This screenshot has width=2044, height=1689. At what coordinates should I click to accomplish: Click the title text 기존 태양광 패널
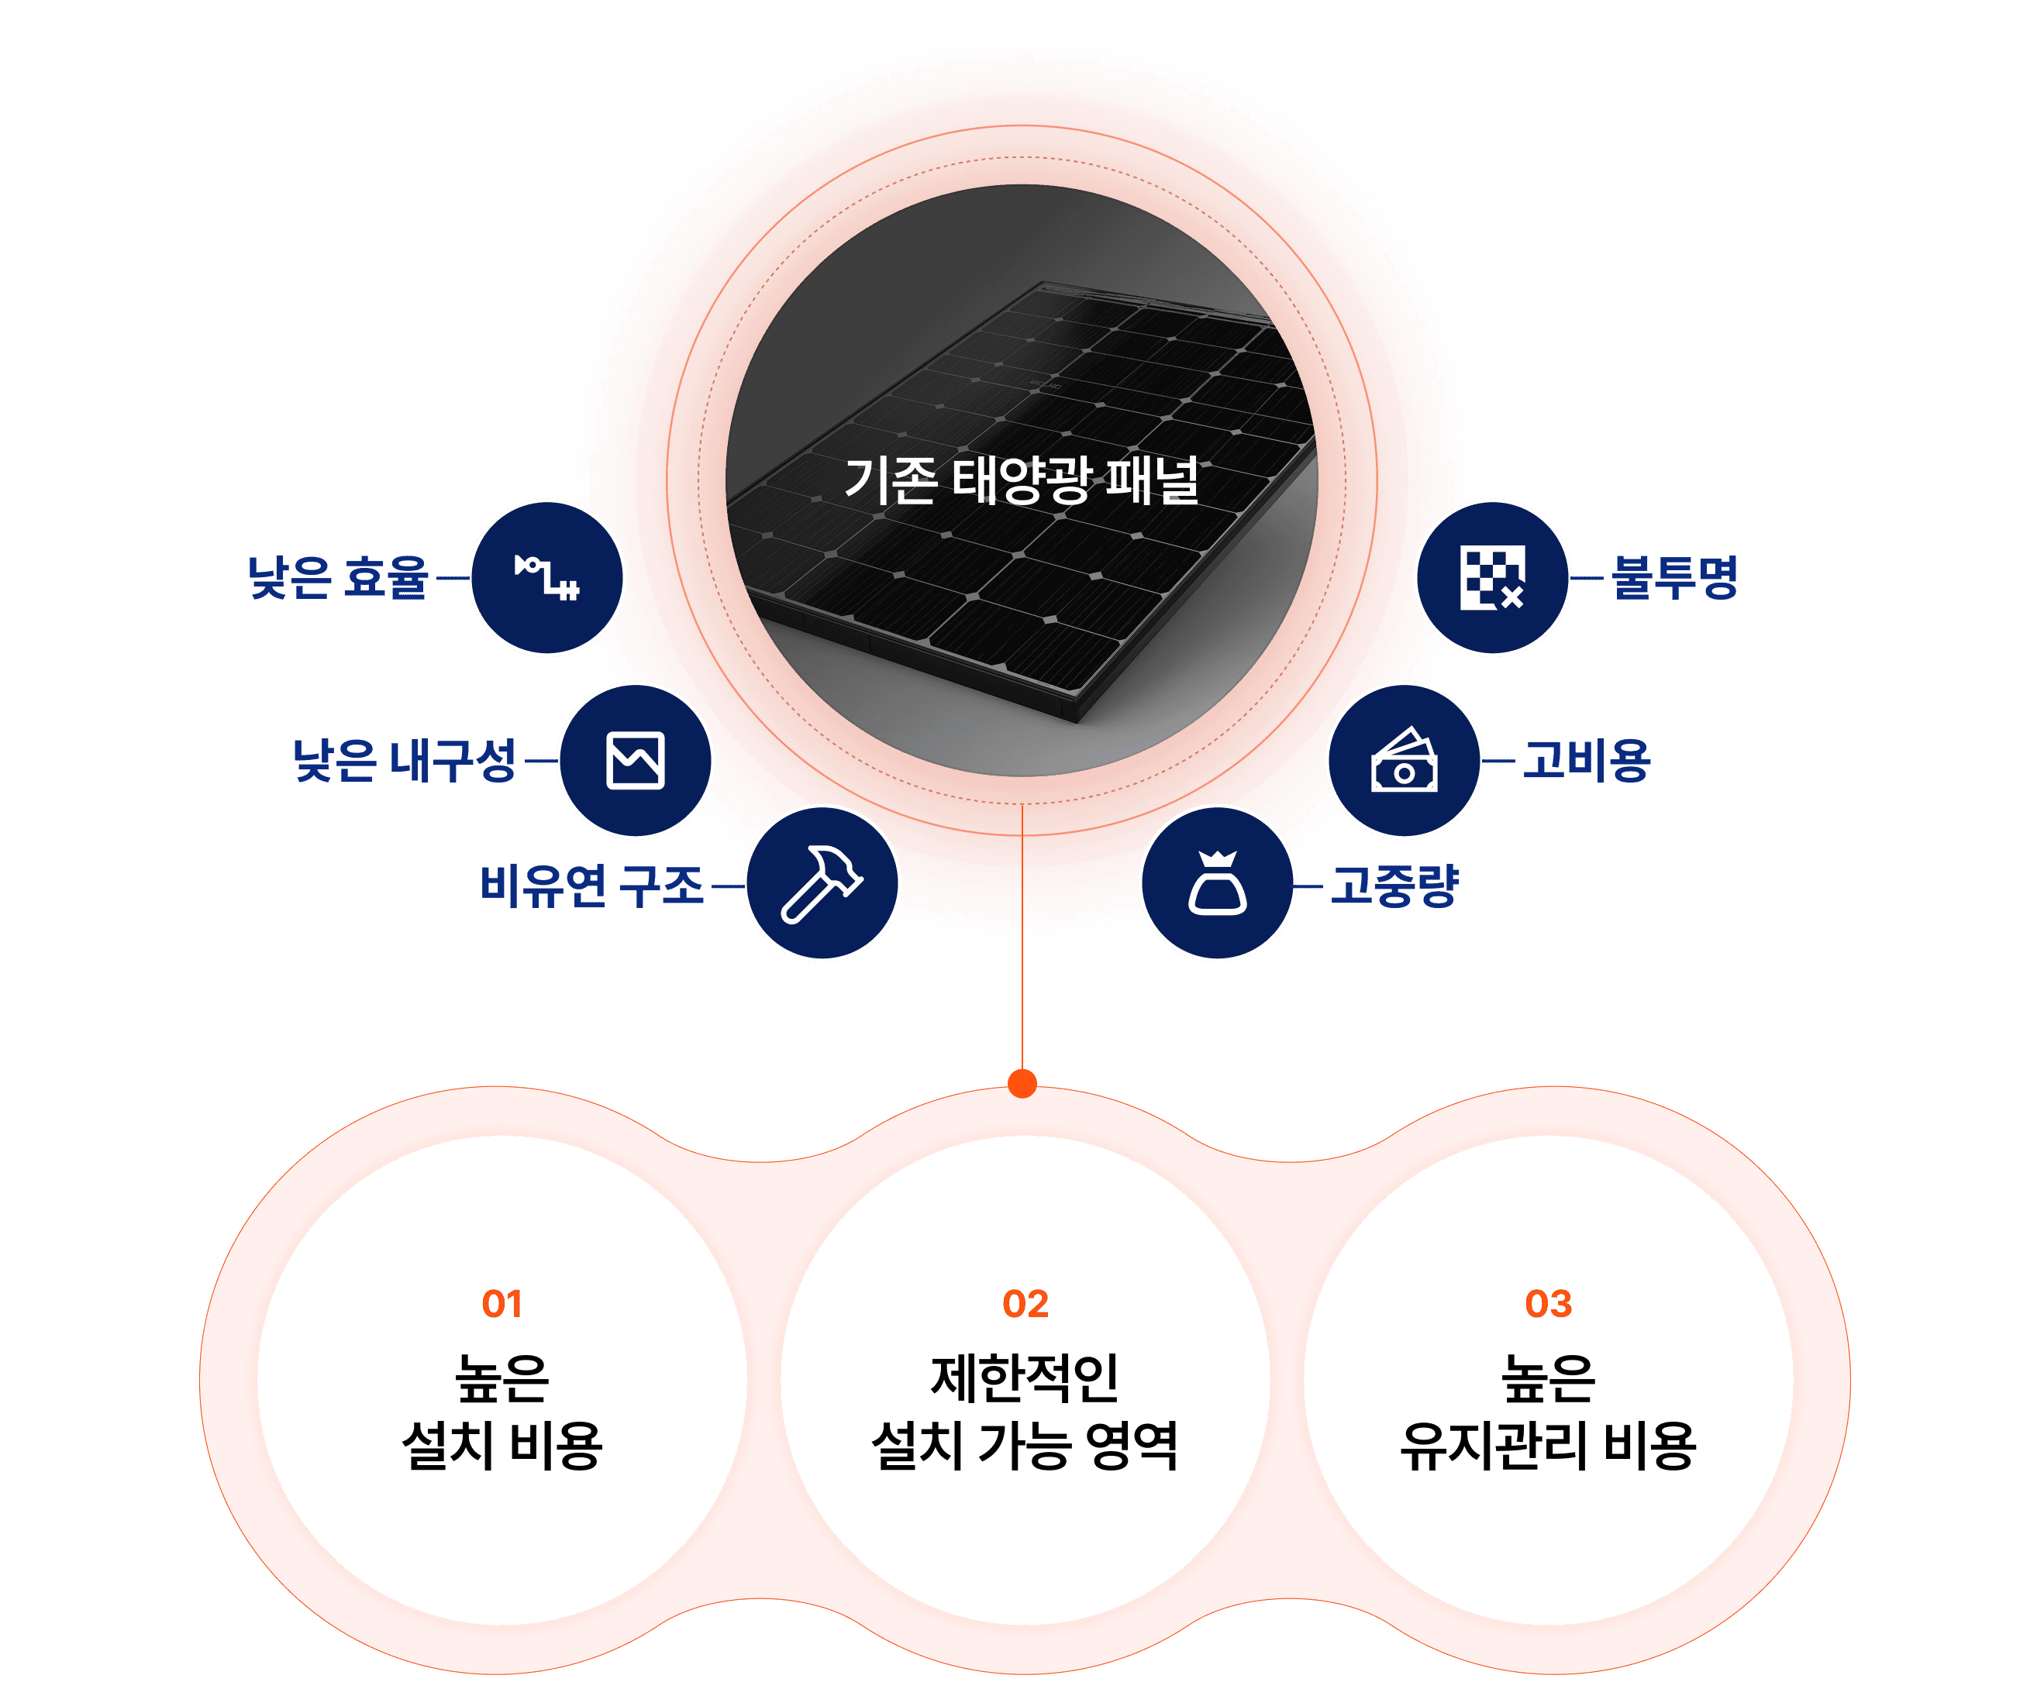[1021, 480]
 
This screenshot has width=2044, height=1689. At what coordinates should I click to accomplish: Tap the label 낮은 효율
[338, 578]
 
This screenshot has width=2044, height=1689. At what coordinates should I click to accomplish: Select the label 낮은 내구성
[404, 761]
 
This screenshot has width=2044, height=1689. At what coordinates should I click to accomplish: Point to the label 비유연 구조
[591, 886]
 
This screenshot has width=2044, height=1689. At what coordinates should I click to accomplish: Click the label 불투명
[1674, 578]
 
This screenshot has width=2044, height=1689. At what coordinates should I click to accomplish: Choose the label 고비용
[1587, 761]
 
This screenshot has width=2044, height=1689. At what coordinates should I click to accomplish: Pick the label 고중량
[1394, 886]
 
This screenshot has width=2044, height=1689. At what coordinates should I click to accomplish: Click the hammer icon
[822, 883]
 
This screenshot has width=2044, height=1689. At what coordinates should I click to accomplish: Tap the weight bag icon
[1218, 883]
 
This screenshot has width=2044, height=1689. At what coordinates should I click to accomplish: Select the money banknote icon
[1405, 761]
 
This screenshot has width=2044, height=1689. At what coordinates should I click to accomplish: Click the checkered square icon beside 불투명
[1492, 578]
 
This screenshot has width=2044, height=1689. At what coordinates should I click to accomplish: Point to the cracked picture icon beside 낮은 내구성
[636, 761]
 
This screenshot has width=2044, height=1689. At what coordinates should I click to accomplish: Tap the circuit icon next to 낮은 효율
[547, 578]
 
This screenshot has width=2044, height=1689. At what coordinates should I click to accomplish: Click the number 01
[502, 1304]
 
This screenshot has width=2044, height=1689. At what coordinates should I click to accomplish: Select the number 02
[1025, 1304]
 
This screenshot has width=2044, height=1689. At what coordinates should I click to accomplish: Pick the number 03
[1548, 1304]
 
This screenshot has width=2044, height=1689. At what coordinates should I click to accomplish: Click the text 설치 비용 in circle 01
[502, 1446]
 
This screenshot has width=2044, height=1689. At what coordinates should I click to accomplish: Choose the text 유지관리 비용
[1548, 1446]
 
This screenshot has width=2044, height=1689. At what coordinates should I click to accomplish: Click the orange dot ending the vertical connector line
[1022, 1084]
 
